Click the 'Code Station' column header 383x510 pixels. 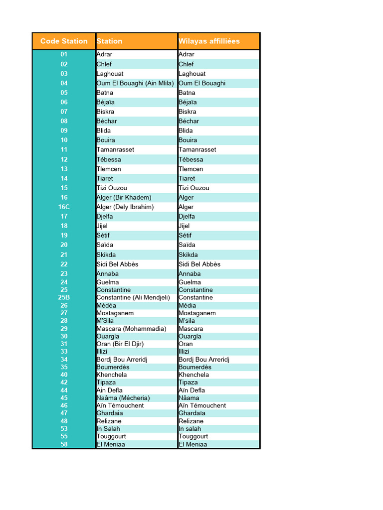pyautogui.click(x=64, y=41)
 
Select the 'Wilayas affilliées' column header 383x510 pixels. pyautogui.click(x=209, y=41)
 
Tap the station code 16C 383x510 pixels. pyautogui.click(x=64, y=207)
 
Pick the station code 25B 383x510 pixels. pyautogui.click(x=64, y=297)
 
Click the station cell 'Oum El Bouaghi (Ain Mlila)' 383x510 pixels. pyautogui.click(x=135, y=83)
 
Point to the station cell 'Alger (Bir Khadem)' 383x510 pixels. pyautogui.click(x=124, y=197)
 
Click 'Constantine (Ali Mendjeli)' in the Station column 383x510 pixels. pyautogui.click(x=133, y=297)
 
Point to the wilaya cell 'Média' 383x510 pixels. pyautogui.click(x=187, y=305)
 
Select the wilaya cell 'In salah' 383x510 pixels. pyautogui.click(x=190, y=428)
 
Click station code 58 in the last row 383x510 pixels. pyautogui.click(x=64, y=444)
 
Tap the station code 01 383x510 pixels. pyautogui.click(x=64, y=54)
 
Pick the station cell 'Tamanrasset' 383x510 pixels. pyautogui.click(x=115, y=149)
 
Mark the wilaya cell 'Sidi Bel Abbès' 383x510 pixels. pyautogui.click(x=199, y=264)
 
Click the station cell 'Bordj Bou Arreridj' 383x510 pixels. pyautogui.click(x=122, y=359)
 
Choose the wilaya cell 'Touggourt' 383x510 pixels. pyautogui.click(x=193, y=436)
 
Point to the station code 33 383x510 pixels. pyautogui.click(x=64, y=352)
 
